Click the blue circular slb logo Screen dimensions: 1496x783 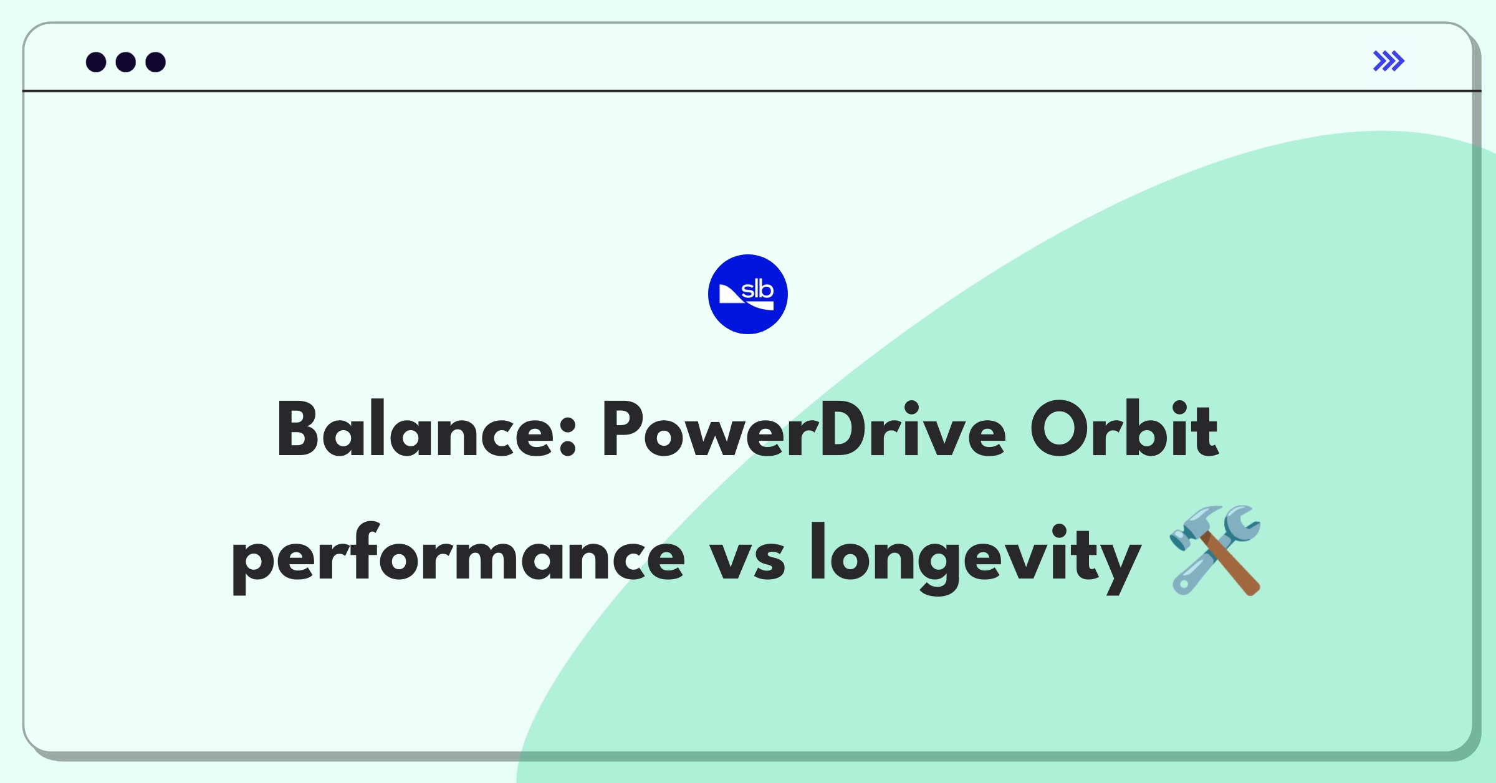[748, 294]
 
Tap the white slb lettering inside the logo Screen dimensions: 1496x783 [757, 289]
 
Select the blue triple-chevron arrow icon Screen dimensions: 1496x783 [1389, 61]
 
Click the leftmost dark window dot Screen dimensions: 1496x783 [96, 62]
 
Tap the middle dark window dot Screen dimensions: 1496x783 [126, 62]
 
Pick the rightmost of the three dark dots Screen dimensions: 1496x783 [156, 62]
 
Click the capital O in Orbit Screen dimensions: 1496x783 [1060, 430]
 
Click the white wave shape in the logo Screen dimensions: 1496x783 [746, 299]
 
